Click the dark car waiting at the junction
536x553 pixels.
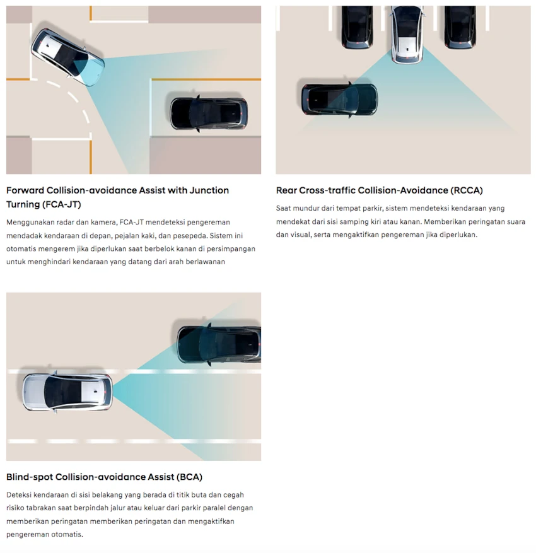(x=209, y=114)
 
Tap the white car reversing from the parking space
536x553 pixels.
(x=407, y=35)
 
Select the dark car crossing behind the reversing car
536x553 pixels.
(x=339, y=100)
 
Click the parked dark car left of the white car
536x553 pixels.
(x=357, y=27)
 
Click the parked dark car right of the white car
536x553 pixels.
(x=460, y=27)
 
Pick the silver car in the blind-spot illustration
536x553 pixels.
(x=67, y=392)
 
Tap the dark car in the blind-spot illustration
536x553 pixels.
(x=219, y=344)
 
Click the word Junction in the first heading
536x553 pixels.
(x=209, y=190)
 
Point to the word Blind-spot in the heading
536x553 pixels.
(x=30, y=477)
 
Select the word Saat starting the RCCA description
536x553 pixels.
(x=283, y=208)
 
